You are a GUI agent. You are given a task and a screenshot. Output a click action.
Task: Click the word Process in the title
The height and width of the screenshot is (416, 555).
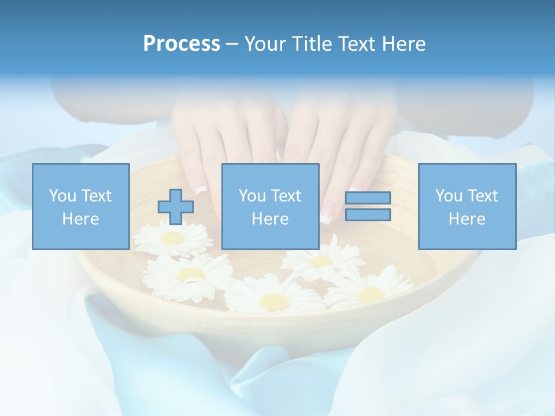pyautogui.click(x=182, y=44)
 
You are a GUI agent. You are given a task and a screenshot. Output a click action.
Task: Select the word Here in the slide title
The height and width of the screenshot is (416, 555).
pyautogui.click(x=402, y=44)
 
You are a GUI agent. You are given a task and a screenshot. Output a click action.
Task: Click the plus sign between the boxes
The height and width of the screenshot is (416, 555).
pyautogui.click(x=176, y=207)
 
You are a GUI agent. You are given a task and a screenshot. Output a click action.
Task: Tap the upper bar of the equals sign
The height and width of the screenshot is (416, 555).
pyautogui.click(x=368, y=198)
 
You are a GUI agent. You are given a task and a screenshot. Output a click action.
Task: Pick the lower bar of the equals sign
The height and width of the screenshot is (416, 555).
pyautogui.click(x=368, y=215)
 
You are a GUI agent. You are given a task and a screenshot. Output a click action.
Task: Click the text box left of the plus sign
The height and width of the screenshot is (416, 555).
pyautogui.click(x=80, y=206)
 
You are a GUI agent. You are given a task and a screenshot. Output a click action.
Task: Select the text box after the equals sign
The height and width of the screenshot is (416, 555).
pyautogui.click(x=467, y=206)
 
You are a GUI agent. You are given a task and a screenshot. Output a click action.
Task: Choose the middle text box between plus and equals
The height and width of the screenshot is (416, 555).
pyautogui.click(x=270, y=206)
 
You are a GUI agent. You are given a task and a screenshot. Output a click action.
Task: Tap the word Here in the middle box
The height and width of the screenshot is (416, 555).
pyautogui.click(x=270, y=219)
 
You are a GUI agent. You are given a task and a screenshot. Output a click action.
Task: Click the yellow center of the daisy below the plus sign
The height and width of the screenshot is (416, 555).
pyautogui.click(x=173, y=238)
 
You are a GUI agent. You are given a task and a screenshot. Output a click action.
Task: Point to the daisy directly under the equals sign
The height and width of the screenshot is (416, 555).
pyautogui.click(x=322, y=262)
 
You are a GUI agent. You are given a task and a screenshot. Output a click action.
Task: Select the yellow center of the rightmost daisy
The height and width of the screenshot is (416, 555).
pyautogui.click(x=371, y=294)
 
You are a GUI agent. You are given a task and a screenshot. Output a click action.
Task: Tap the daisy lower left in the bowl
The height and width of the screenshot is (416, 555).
pyautogui.click(x=191, y=274)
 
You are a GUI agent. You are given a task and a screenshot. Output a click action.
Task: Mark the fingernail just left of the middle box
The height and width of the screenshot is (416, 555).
pyautogui.click(x=201, y=188)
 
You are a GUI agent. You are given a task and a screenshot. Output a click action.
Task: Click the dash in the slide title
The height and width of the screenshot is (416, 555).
pyautogui.click(x=232, y=44)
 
